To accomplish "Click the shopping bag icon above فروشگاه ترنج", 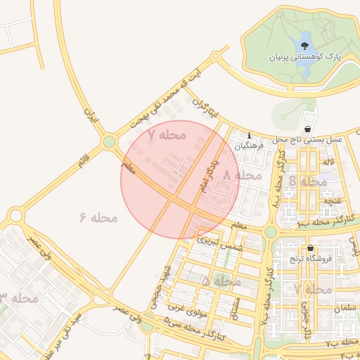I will point(309,248).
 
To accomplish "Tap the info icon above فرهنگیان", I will point(249,136).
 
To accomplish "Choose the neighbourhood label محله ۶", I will point(98,217).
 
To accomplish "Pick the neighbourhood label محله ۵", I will point(221,281).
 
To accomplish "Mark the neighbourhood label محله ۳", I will point(19,298).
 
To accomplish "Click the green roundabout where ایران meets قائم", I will point(108,143).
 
